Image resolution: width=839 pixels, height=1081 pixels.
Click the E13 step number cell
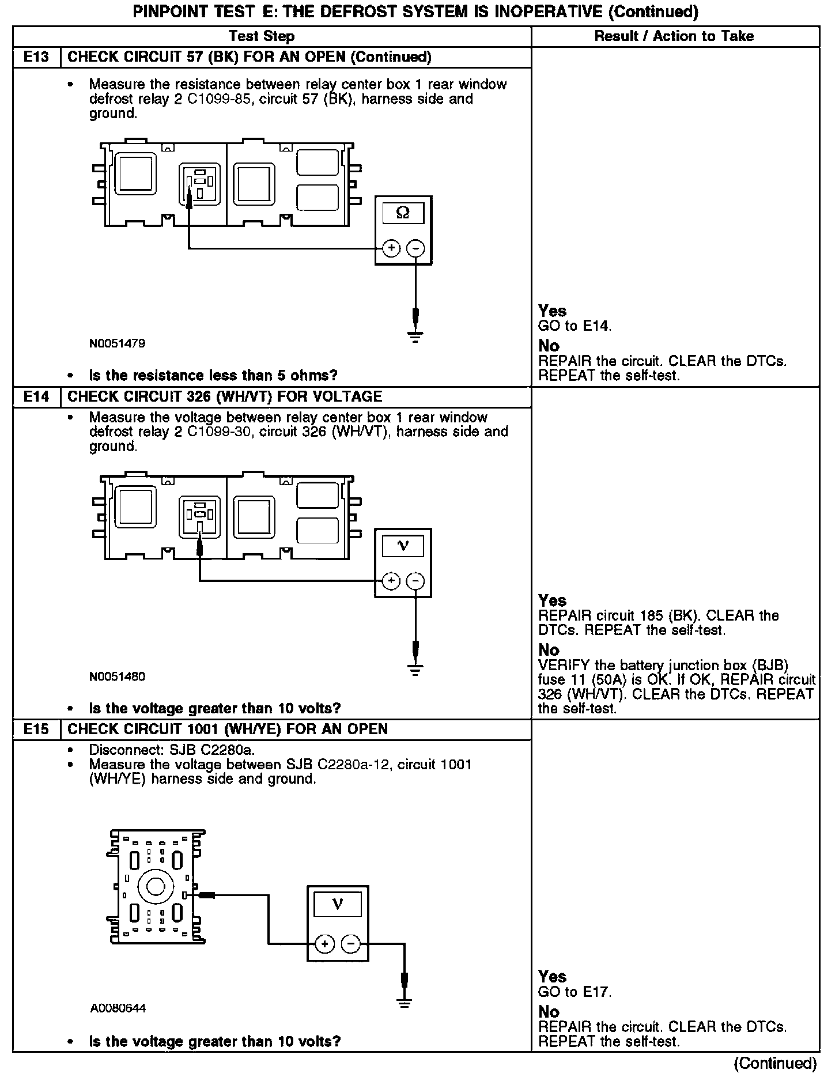pyautogui.click(x=36, y=57)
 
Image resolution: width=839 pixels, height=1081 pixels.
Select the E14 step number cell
pyautogui.click(x=36, y=396)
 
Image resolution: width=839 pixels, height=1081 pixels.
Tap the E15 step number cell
pyautogui.click(x=36, y=729)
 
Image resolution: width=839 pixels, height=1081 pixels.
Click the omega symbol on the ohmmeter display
pyautogui.click(x=403, y=213)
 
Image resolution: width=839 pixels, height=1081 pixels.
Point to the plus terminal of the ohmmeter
pyautogui.click(x=391, y=248)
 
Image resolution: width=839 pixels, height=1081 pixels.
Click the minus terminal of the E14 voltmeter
pyautogui.click(x=415, y=581)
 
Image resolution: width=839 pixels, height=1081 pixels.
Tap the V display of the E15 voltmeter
pyautogui.click(x=338, y=905)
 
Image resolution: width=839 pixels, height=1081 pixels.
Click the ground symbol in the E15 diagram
pyautogui.click(x=405, y=1002)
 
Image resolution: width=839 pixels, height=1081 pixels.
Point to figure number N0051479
pyautogui.click(x=118, y=343)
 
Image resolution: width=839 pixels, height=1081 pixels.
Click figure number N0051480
pyautogui.click(x=118, y=676)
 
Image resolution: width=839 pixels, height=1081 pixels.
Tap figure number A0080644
pyautogui.click(x=118, y=1008)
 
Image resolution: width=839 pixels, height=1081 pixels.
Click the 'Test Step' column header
pyautogui.click(x=262, y=36)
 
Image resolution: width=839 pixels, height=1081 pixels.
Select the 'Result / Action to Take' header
pyautogui.click(x=674, y=36)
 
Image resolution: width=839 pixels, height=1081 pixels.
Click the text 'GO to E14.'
pyautogui.click(x=575, y=326)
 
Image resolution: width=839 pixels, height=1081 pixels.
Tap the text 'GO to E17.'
pyautogui.click(x=575, y=992)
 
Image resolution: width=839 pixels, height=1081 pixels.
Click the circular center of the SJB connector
pyautogui.click(x=156, y=887)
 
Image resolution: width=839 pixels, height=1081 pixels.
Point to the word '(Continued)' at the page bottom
pyautogui.click(x=776, y=1063)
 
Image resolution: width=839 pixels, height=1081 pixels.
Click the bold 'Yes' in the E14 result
pyautogui.click(x=553, y=600)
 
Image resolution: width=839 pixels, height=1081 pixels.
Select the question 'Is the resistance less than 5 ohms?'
pyautogui.click(x=213, y=376)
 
